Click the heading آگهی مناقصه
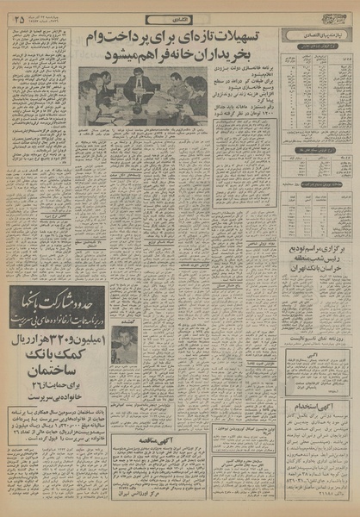[x=152, y=439]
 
